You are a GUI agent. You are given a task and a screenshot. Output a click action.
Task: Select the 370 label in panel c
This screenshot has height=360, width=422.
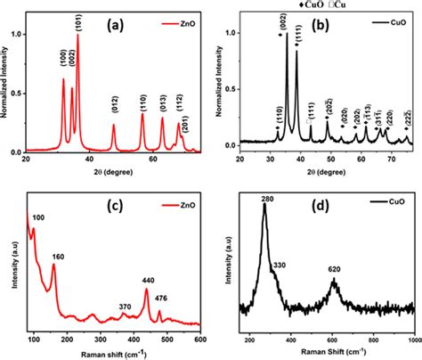coord(122,306)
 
